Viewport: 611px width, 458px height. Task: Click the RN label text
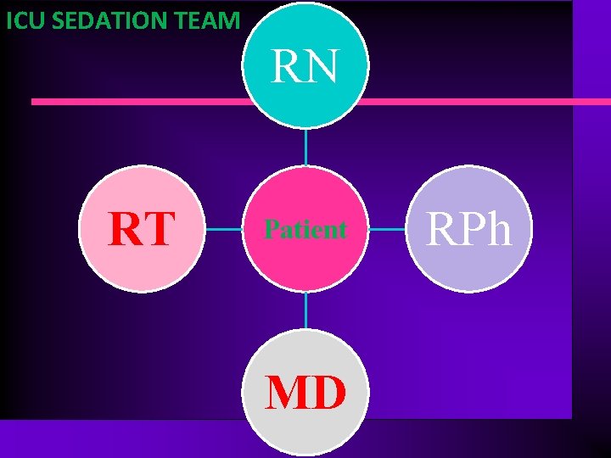click(x=305, y=67)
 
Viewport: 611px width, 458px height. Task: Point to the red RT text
click(x=142, y=229)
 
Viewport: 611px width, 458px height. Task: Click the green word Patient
click(x=305, y=229)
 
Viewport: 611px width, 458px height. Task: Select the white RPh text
click(x=469, y=229)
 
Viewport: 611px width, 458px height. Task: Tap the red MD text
click(x=305, y=393)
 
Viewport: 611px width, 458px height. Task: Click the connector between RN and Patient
click(x=305, y=148)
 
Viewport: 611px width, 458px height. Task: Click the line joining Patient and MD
click(x=305, y=310)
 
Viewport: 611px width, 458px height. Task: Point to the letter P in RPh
click(x=470, y=229)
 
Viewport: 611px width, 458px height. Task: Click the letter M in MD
click(x=287, y=393)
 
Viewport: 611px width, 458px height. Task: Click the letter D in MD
click(x=328, y=393)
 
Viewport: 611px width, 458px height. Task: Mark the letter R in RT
click(x=126, y=229)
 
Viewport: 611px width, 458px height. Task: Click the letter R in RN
click(x=287, y=67)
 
